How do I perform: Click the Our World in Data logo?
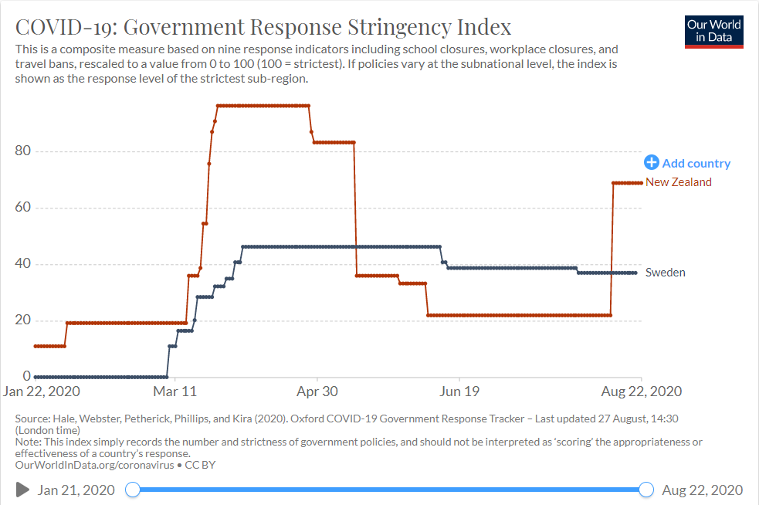pos(713,31)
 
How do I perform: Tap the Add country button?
pos(687,163)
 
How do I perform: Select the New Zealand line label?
pos(678,182)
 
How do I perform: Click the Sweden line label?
pos(665,272)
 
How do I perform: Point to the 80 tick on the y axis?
pos(22,151)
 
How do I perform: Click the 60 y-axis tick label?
pos(22,208)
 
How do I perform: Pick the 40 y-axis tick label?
pos(22,264)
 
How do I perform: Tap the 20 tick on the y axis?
pos(22,321)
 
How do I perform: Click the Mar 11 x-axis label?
pos(176,391)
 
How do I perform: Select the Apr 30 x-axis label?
pos(318,391)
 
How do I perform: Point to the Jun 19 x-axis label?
pos(459,391)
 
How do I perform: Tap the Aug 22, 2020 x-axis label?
pos(642,391)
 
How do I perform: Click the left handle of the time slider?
pos(133,490)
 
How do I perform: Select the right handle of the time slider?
pos(646,490)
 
